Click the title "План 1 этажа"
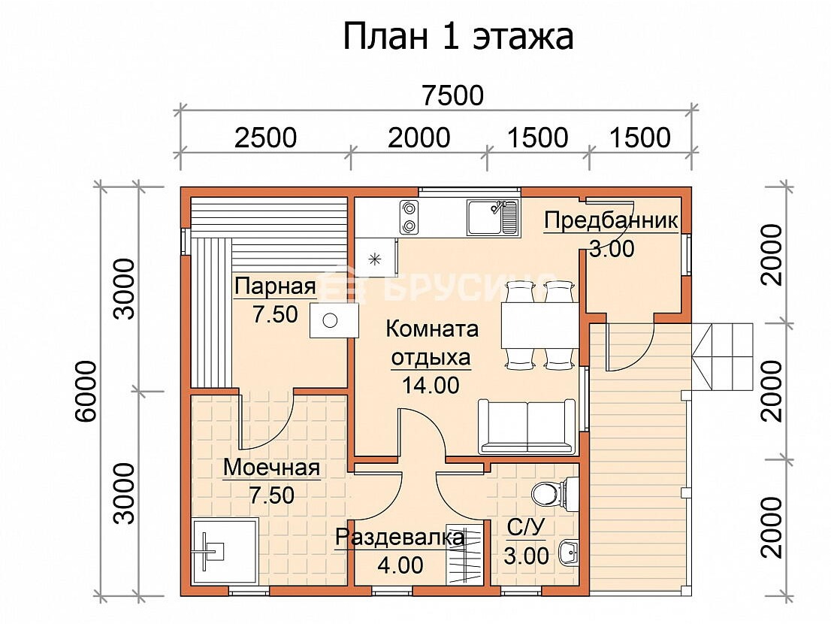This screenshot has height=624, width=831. click(x=458, y=37)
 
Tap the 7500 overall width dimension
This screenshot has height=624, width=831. click(x=453, y=96)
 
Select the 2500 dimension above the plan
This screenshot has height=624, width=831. click(x=265, y=138)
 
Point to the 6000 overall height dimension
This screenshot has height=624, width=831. click(x=86, y=391)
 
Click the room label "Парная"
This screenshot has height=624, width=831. click(x=275, y=286)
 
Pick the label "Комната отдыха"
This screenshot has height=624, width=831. click(x=431, y=343)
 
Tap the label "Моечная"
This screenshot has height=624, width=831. click(x=271, y=468)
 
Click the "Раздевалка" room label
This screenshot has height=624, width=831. click(x=400, y=538)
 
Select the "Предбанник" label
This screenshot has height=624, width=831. click(x=611, y=220)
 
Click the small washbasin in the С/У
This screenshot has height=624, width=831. click(x=569, y=553)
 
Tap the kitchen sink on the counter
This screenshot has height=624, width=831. click(x=493, y=217)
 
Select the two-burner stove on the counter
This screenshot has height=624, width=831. click(x=409, y=217)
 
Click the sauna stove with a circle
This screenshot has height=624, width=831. click(x=334, y=320)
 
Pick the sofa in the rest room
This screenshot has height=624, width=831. click(x=527, y=427)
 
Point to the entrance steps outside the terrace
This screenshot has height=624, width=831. click(x=722, y=357)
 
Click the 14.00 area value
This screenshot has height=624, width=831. click(x=431, y=386)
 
